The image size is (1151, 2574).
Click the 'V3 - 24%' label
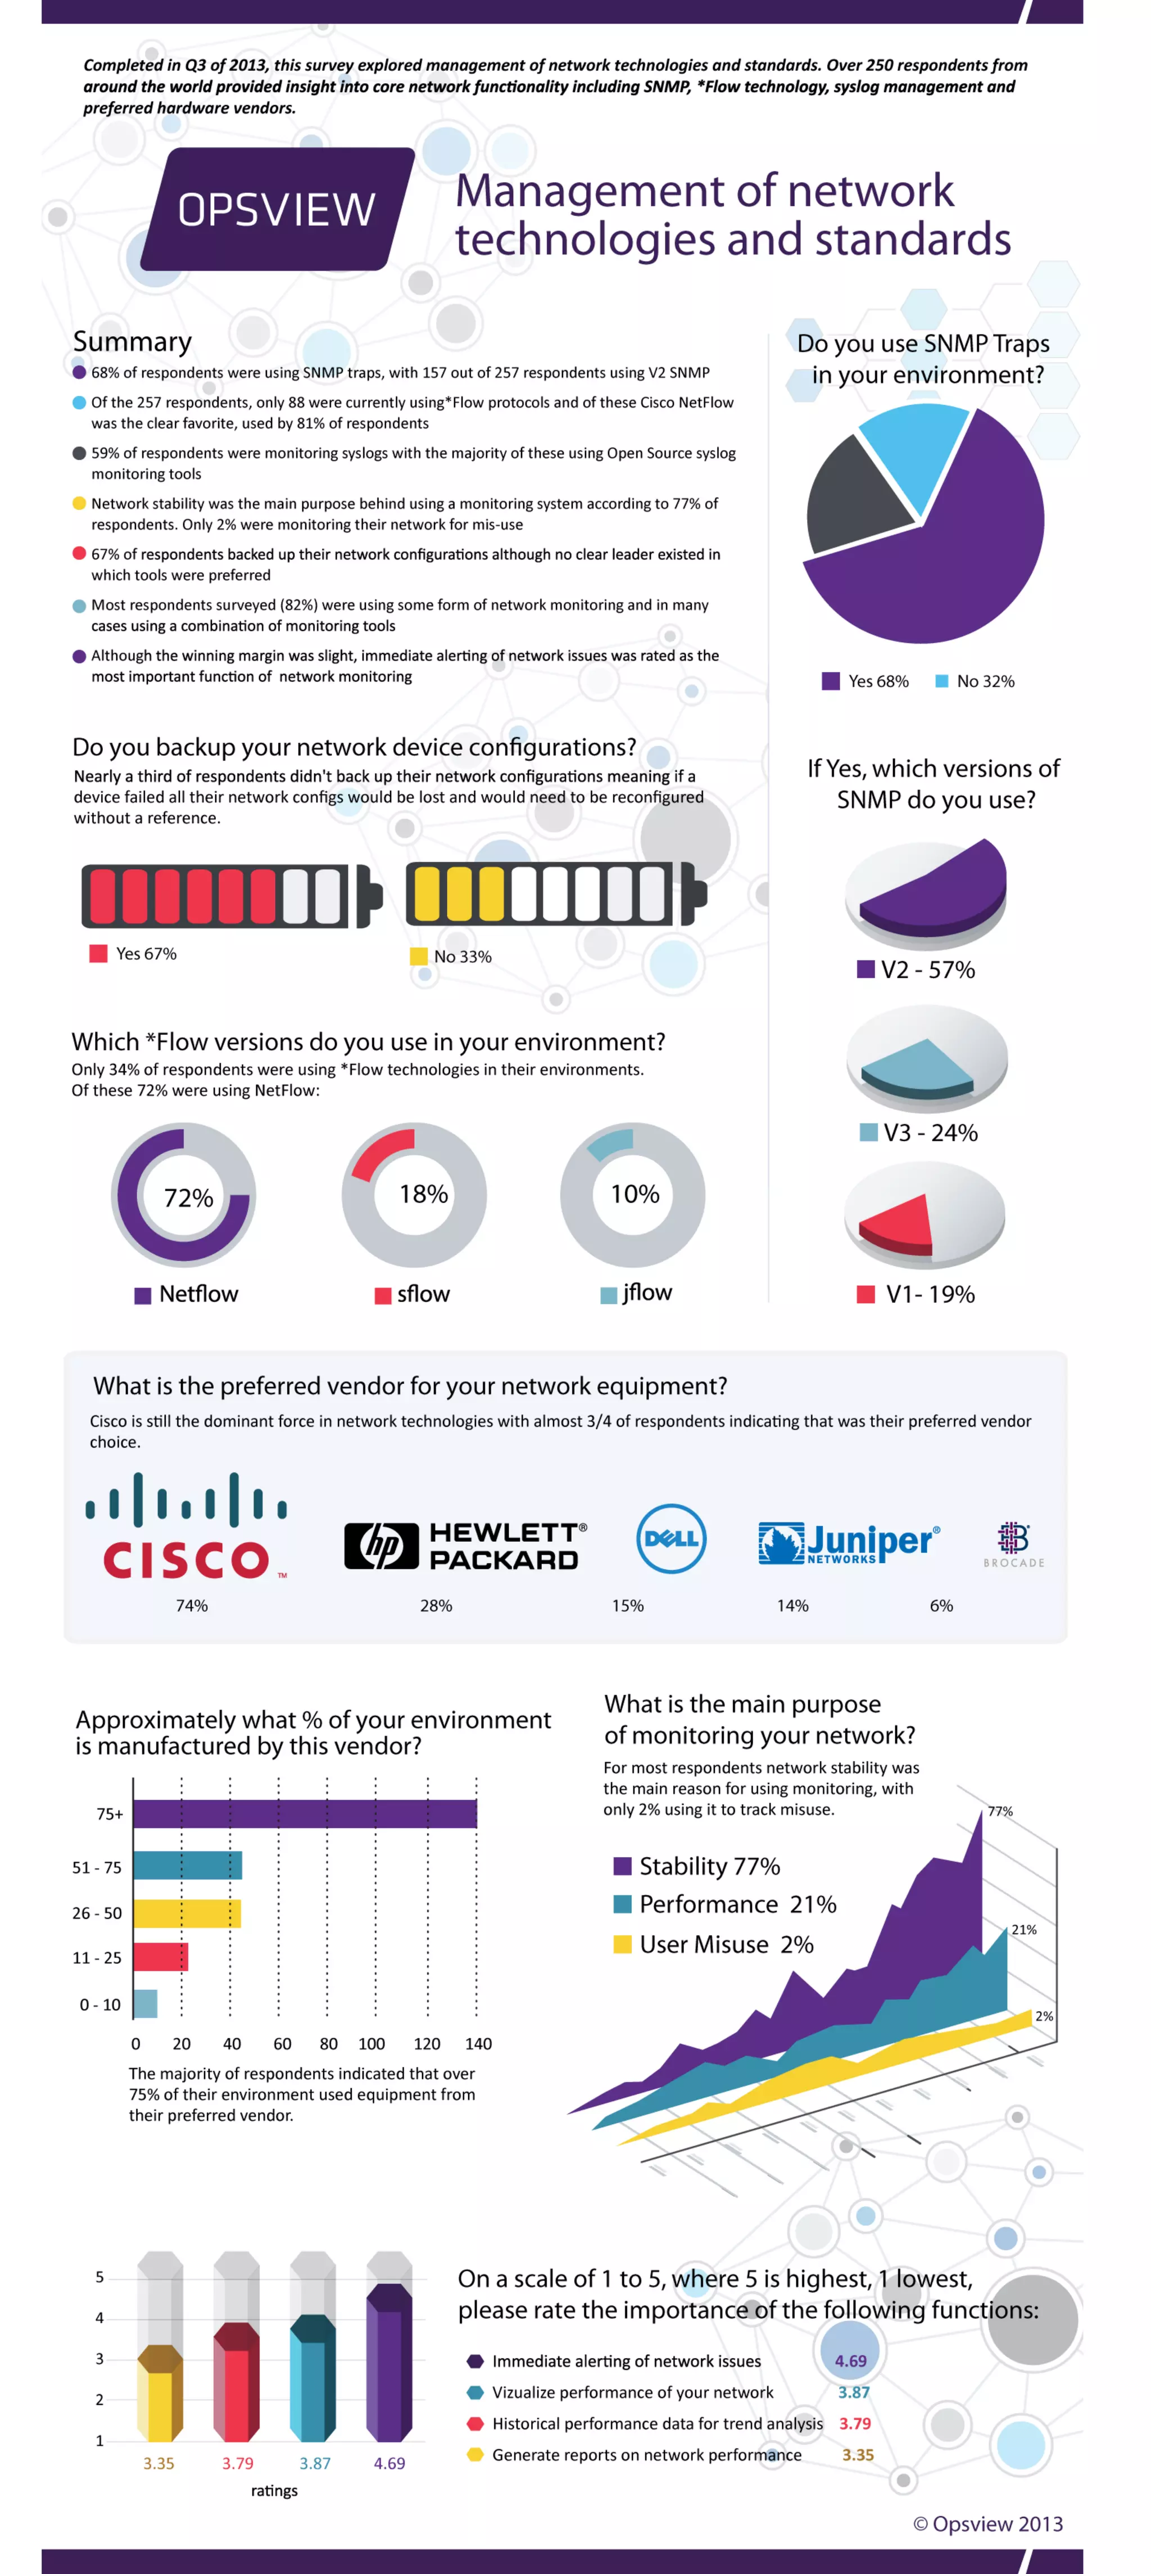point(919,1132)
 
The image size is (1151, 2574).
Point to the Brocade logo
point(1013,1544)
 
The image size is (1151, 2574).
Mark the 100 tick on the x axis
point(371,2043)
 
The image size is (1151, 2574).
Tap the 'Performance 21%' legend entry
point(726,1904)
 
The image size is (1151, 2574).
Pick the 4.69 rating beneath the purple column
point(389,2463)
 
